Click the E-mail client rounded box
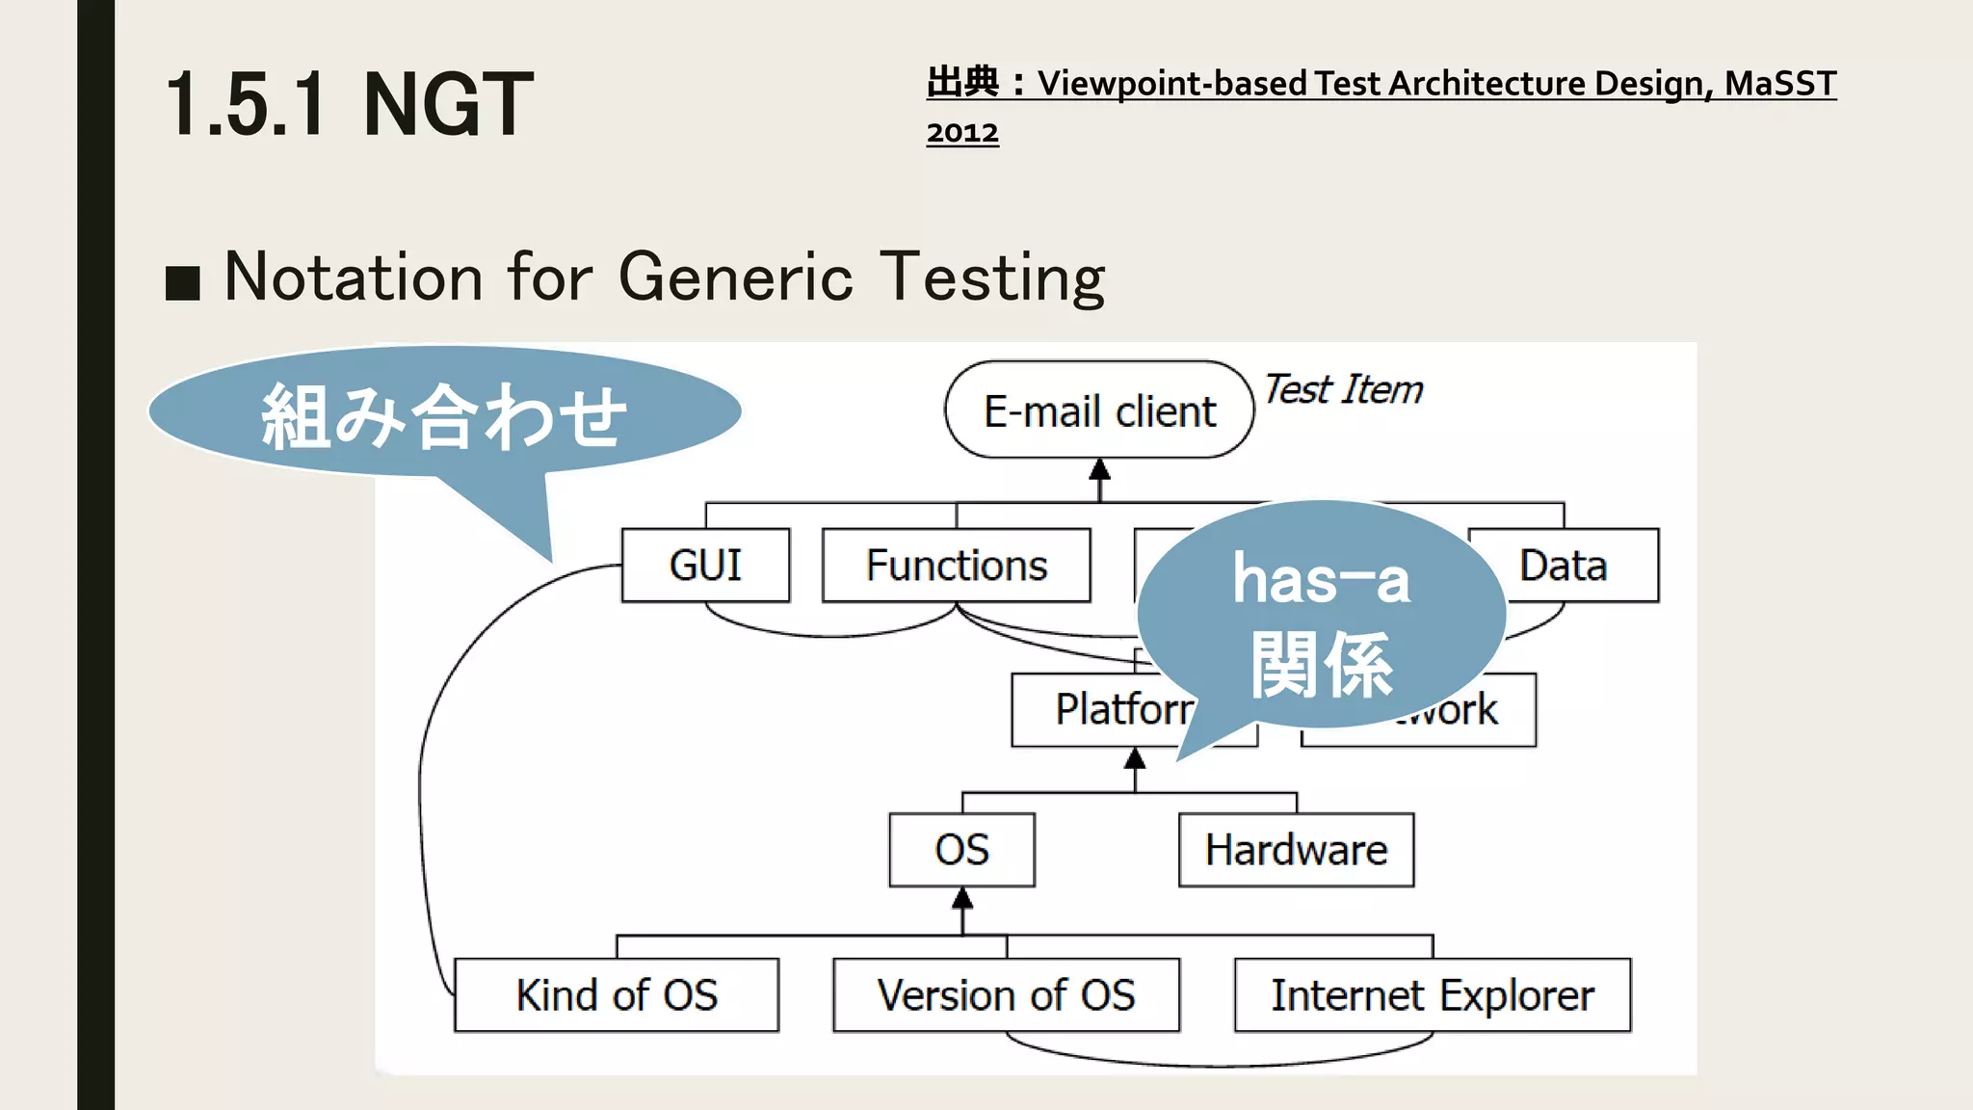point(1099,410)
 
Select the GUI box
point(705,566)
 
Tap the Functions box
point(956,566)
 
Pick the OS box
point(961,850)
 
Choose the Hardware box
point(1296,850)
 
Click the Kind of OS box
point(617,995)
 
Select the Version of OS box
point(1006,995)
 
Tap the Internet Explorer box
point(1432,995)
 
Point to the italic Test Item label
point(1343,390)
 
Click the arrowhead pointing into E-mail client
point(1099,470)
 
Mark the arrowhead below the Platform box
point(1135,759)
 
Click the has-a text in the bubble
point(1321,581)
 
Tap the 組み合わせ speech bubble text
point(443,416)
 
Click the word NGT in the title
point(448,105)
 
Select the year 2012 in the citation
point(961,132)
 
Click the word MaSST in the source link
point(1779,84)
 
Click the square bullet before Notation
point(183,283)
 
